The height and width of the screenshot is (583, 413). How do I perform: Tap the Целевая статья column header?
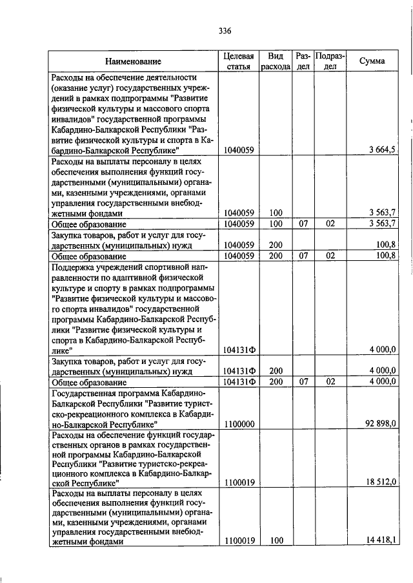point(238,61)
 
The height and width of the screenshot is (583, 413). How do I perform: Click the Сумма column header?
point(372,61)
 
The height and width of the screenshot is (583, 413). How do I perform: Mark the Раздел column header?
point(303,61)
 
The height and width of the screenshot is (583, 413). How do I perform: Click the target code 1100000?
point(238,425)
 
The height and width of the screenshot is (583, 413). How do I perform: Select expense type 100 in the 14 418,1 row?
point(277,541)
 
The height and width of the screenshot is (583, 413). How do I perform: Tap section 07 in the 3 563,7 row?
point(303,224)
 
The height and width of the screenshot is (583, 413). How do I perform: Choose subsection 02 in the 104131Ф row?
point(330,381)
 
